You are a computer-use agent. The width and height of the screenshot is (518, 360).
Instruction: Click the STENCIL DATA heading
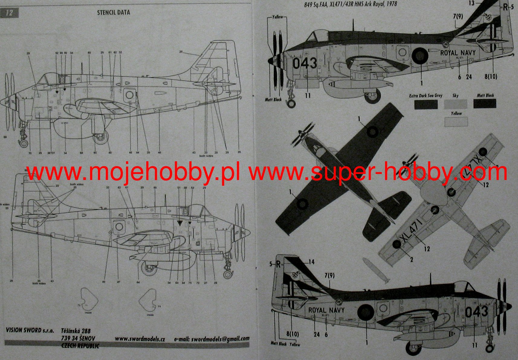pyautogui.click(x=113, y=12)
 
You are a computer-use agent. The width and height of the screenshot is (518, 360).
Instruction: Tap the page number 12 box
pyautogui.click(x=9, y=13)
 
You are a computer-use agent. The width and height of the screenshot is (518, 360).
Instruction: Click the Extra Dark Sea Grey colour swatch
pyautogui.click(x=426, y=104)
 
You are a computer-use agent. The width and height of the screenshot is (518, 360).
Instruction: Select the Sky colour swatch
pyautogui.click(x=455, y=104)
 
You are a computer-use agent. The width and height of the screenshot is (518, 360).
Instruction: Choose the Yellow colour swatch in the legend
pyautogui.click(x=456, y=121)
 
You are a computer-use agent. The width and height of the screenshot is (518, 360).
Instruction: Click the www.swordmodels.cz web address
pyautogui.click(x=140, y=339)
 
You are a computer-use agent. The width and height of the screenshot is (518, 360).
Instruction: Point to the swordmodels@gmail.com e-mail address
pyautogui.click(x=212, y=339)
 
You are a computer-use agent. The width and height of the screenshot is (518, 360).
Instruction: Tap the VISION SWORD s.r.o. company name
pyautogui.click(x=30, y=330)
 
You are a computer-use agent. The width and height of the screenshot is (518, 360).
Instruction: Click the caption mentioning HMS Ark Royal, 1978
pyautogui.click(x=351, y=4)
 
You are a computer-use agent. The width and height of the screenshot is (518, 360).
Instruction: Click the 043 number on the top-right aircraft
pyautogui.click(x=305, y=63)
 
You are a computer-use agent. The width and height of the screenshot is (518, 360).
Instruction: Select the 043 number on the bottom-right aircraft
pyautogui.click(x=477, y=312)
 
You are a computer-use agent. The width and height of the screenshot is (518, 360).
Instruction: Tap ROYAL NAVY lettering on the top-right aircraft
pyautogui.click(x=458, y=53)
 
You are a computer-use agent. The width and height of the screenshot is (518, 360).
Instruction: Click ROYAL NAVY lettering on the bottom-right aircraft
pyautogui.click(x=326, y=310)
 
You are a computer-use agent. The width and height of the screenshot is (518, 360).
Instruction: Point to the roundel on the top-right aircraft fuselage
pyautogui.click(x=420, y=55)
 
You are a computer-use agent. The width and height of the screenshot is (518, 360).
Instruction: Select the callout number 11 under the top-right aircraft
pyautogui.click(x=308, y=96)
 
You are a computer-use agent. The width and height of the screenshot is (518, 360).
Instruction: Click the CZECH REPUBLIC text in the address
pyautogui.click(x=80, y=346)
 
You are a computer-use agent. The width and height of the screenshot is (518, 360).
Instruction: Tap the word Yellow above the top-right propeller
pyautogui.click(x=277, y=17)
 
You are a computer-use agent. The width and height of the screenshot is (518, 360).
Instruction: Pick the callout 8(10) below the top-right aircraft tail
pyautogui.click(x=491, y=77)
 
